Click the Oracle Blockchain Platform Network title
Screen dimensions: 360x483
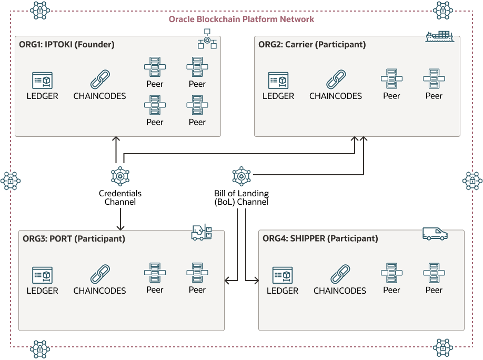click(241, 19)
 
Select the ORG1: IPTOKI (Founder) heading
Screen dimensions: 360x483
click(67, 45)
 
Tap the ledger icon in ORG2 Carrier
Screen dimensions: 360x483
click(278, 81)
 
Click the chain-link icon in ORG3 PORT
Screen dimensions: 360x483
click(99, 275)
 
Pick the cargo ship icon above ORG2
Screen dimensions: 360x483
click(439, 37)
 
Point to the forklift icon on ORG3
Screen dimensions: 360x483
click(202, 233)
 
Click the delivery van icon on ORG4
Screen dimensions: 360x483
click(435, 234)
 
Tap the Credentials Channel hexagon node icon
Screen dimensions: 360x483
click(120, 176)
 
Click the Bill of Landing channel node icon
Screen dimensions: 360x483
click(241, 176)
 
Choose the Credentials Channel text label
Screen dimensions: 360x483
click(120, 198)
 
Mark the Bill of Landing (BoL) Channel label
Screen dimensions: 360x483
click(241, 198)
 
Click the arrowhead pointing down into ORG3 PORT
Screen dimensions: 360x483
click(120, 227)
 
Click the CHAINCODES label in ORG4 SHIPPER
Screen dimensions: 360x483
click(339, 291)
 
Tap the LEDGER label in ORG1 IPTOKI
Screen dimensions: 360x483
click(42, 96)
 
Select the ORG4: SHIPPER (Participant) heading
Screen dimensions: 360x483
click(320, 238)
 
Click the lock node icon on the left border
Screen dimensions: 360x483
click(11, 181)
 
